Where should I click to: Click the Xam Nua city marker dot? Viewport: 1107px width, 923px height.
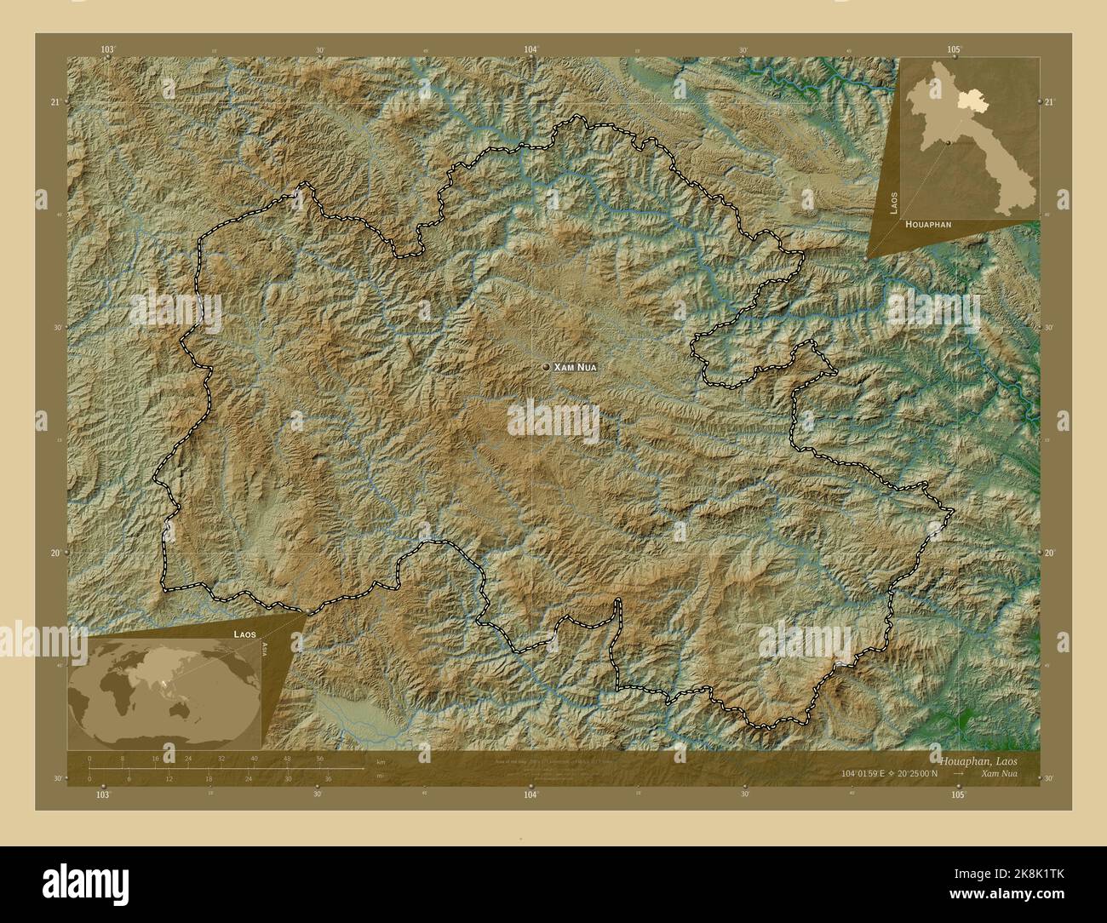click(546, 367)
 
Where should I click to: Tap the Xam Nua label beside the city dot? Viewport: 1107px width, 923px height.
click(576, 367)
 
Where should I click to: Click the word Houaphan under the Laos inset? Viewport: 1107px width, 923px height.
click(929, 223)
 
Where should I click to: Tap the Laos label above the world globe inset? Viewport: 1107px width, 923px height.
click(246, 634)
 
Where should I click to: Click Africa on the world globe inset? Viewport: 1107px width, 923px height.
click(111, 698)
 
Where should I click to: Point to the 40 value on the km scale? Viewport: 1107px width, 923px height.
click(255, 759)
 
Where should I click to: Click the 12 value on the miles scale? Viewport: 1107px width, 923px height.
click(169, 778)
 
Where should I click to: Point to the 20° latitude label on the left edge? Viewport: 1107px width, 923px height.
click(55, 553)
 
